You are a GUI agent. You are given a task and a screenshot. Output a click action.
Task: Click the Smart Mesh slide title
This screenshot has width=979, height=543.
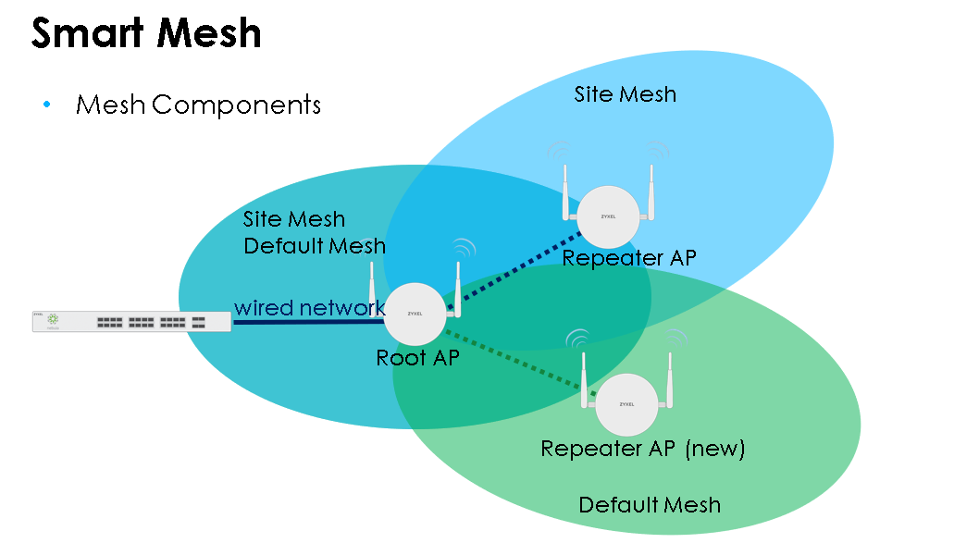point(146,33)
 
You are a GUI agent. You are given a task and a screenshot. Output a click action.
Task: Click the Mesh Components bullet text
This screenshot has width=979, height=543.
point(198,105)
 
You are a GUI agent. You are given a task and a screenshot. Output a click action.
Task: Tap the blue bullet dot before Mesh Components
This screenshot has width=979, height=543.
point(46,105)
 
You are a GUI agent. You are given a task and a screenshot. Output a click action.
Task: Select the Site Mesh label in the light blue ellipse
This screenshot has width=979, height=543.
point(625,94)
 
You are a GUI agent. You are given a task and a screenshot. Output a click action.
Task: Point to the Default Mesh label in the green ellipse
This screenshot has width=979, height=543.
point(649,505)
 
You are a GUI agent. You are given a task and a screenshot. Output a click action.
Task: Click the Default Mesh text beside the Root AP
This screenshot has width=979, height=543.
point(314,246)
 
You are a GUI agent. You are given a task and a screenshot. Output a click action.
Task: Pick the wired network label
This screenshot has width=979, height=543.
point(309,307)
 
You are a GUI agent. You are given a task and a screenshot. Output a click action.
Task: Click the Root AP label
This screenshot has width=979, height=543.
point(416,358)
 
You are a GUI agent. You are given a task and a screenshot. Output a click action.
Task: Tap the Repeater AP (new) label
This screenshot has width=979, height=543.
point(642,450)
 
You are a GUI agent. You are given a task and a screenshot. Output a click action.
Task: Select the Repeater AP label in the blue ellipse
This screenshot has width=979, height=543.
point(628,258)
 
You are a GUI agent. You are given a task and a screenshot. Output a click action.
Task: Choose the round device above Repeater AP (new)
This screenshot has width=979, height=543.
point(626,405)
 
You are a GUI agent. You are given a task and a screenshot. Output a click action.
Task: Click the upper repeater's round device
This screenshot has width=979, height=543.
point(607,216)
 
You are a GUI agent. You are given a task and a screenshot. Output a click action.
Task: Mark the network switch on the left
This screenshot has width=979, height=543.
point(131,321)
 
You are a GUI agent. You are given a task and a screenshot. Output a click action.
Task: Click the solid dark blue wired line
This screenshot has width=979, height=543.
point(305,322)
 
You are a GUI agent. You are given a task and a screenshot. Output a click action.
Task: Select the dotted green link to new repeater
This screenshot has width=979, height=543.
point(518,360)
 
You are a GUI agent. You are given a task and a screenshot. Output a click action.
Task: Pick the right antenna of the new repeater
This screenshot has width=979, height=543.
point(670,379)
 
